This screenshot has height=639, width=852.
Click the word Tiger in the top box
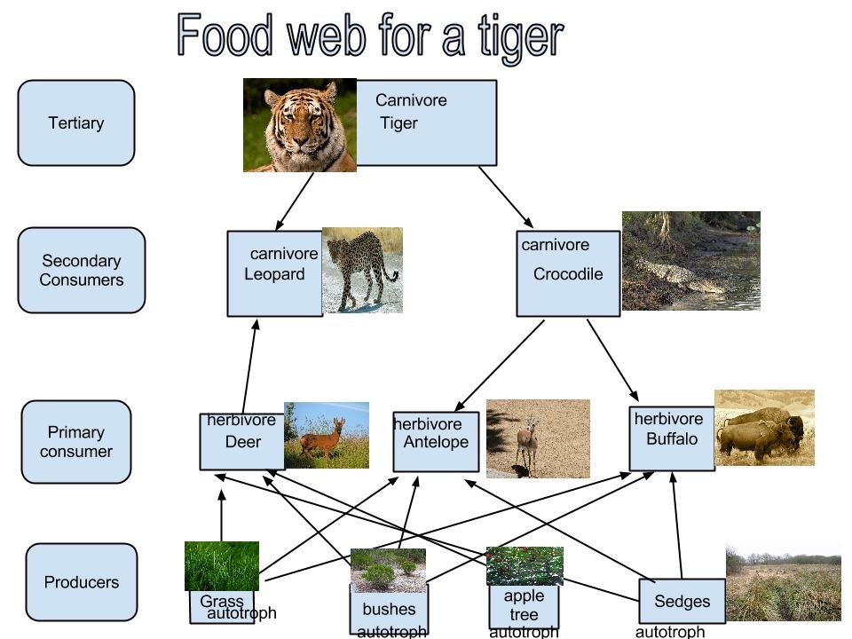398,123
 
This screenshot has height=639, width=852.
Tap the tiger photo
299,125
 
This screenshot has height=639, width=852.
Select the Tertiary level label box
76,123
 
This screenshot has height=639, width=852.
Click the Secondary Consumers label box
81,270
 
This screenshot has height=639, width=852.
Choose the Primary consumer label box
76,442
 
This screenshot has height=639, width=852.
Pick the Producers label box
82,582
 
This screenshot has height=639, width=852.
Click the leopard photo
362,270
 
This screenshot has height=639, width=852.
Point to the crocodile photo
690,261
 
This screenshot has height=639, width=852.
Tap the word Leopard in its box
274,274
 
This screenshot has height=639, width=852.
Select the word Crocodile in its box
568,274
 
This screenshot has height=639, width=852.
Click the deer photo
327,435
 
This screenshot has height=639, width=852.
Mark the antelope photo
538,438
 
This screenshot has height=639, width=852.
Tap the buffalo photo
764,428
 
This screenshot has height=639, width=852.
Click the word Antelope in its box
436,442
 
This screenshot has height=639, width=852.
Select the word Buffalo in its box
672,438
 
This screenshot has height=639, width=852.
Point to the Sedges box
682,601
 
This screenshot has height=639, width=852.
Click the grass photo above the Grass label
222,566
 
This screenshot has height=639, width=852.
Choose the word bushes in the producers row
389,609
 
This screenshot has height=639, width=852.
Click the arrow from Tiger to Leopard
295,201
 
